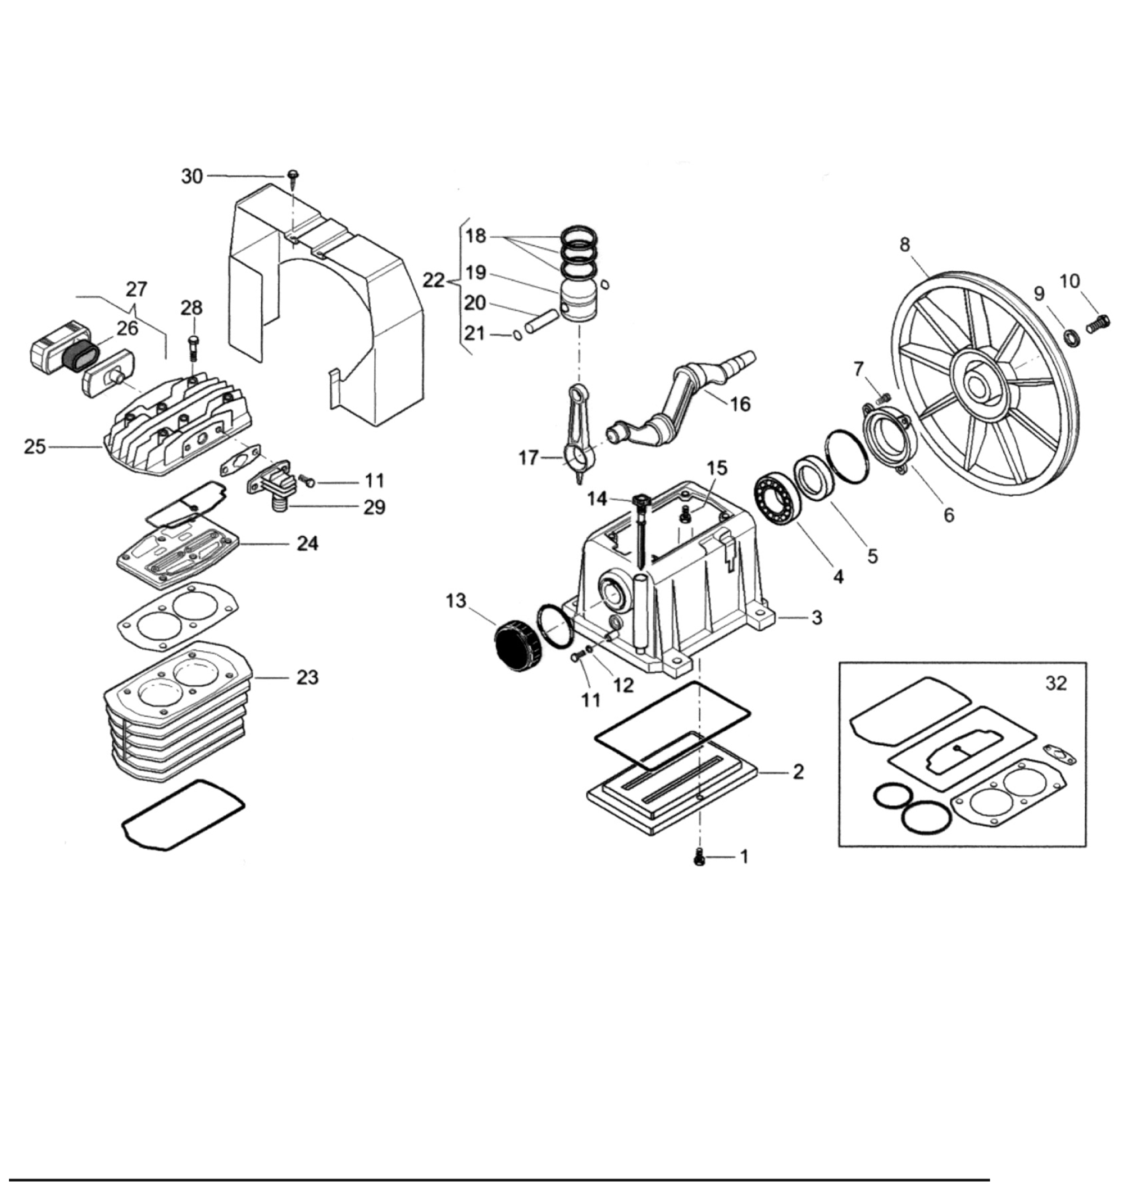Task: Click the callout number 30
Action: (192, 176)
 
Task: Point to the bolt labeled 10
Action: (1098, 324)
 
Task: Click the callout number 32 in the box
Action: (1056, 683)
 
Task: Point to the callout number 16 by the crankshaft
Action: (740, 404)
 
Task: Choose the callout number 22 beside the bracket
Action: (433, 280)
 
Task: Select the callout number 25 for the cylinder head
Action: (35, 447)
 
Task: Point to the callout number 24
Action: (308, 544)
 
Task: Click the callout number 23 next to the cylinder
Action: (307, 677)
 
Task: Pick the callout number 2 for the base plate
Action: (798, 771)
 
